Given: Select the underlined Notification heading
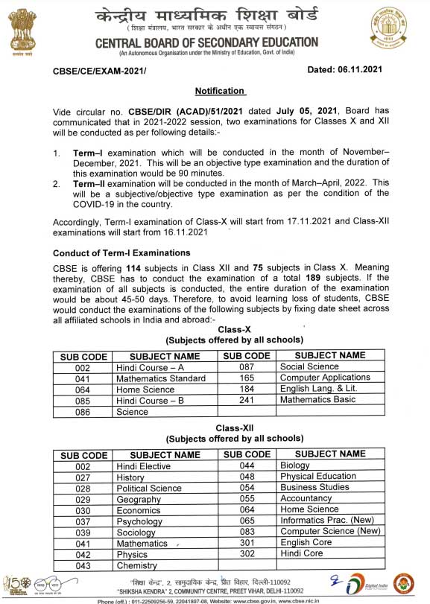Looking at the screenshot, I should tap(220, 91).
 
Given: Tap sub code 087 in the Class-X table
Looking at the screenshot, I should tap(247, 366).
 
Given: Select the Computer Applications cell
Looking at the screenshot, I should tap(325, 378).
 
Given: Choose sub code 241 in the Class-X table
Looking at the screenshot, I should tap(247, 399).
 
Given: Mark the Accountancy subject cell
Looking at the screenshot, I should tap(306, 498).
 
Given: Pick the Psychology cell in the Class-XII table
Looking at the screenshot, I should tap(139, 521).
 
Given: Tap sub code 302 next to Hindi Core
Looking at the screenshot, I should tap(247, 553).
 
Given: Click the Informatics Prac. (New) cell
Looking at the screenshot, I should tap(326, 521).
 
